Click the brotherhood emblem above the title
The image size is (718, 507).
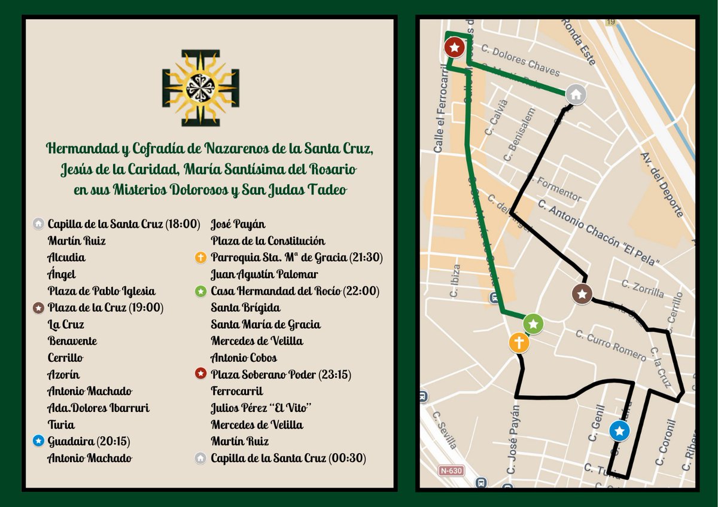tap(200, 88)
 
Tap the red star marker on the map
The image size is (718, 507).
tap(455, 47)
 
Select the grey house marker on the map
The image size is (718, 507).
tap(576, 94)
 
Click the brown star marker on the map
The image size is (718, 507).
tap(582, 294)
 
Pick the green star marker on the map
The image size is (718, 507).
tap(534, 324)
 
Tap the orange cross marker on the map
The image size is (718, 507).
tap(519, 343)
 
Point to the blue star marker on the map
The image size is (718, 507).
tap(620, 430)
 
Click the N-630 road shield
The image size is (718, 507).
tap(451, 471)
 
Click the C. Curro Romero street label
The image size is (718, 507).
tap(611, 346)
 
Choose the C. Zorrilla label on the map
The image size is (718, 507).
tap(643, 289)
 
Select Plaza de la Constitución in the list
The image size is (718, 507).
tap(268, 241)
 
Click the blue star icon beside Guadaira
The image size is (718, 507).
tap(39, 441)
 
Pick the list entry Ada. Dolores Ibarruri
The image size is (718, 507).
tap(99, 408)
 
